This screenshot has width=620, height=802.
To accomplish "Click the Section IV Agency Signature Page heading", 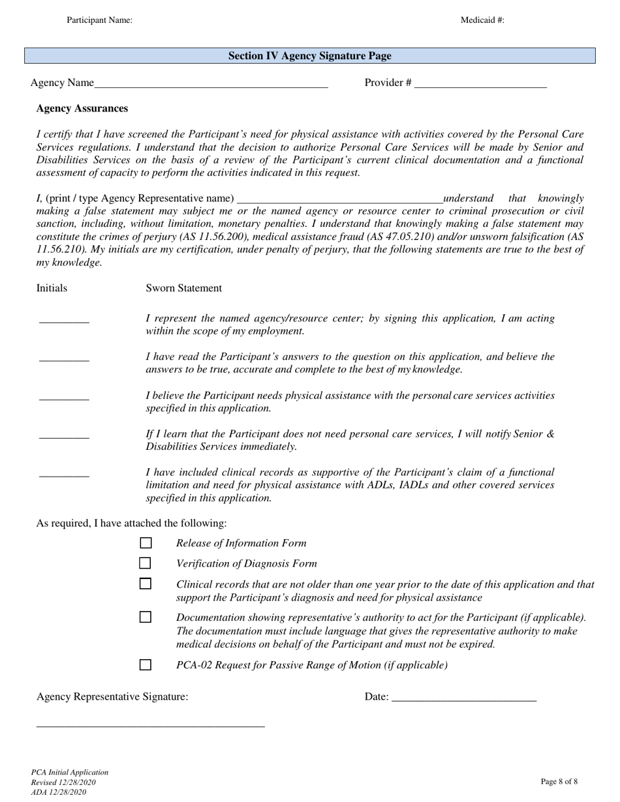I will (x=309, y=56).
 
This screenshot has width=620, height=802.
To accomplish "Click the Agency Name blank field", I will (x=211, y=83).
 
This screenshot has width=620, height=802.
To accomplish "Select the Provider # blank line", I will (x=480, y=83).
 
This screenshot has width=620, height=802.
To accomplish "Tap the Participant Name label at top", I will (x=99, y=20).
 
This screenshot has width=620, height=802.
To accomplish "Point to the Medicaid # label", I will (x=482, y=20).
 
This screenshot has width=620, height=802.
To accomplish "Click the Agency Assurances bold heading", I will (x=82, y=108).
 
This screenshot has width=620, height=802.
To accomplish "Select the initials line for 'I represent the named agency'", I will (x=64, y=320).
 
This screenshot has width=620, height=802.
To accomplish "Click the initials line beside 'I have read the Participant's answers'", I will (x=64, y=358).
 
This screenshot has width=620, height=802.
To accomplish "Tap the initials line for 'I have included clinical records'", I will (x=64, y=473).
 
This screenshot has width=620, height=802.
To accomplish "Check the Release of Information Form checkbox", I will (x=146, y=543).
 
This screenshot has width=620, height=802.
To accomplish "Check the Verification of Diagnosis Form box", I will (x=146, y=563).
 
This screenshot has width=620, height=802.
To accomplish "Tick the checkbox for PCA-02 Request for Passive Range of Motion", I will (x=146, y=665).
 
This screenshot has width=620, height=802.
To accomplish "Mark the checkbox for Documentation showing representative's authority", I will (x=146, y=617).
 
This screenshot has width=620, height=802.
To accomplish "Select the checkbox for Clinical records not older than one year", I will (x=146, y=584).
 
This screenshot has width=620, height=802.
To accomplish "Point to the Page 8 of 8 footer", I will (x=559, y=781).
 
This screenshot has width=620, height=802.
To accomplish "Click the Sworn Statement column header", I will (x=183, y=288).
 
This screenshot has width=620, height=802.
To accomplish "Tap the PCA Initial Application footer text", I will (x=70, y=772).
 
